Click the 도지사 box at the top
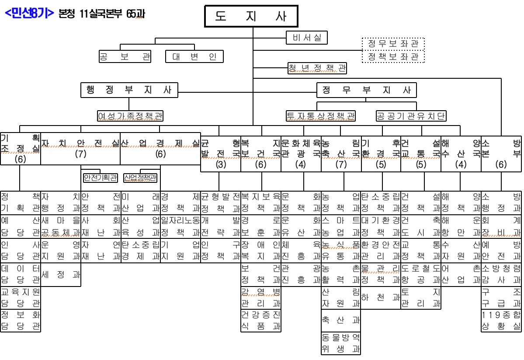click(251, 17)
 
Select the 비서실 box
click(307, 38)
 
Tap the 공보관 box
click(125, 56)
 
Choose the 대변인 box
click(194, 56)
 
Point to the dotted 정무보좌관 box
click(393, 44)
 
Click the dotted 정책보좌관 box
click(393, 56)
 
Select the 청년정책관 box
click(317, 68)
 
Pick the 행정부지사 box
click(129, 90)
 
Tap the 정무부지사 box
click(367, 90)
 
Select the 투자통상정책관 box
click(321, 116)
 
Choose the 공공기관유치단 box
click(411, 116)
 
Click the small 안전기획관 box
click(101, 178)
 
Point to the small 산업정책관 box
click(140, 178)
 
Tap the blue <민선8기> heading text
click(29, 14)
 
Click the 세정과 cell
click(61, 274)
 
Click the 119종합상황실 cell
click(501, 321)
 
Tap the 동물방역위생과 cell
click(341, 343)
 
